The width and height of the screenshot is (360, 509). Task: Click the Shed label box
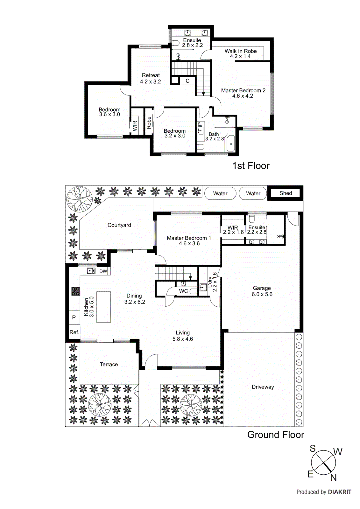click(x=286, y=193)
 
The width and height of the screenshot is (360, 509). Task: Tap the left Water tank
click(x=220, y=193)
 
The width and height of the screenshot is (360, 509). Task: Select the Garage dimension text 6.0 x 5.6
click(x=262, y=294)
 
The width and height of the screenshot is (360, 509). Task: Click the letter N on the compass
click(x=333, y=478)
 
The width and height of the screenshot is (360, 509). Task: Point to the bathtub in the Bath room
click(x=230, y=144)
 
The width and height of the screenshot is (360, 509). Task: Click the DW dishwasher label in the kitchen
click(x=103, y=271)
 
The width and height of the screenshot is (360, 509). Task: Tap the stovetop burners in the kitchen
click(x=75, y=291)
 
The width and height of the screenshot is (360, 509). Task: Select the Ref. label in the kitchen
click(x=74, y=332)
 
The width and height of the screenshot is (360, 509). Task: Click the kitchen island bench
click(x=103, y=307)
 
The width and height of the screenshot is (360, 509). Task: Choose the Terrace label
click(x=109, y=365)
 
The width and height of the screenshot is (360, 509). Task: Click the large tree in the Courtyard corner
click(x=79, y=199)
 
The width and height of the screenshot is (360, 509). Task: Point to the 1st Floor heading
click(x=251, y=166)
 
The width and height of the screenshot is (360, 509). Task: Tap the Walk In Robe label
click(x=240, y=51)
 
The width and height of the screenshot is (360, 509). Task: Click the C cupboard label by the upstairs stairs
click(x=187, y=81)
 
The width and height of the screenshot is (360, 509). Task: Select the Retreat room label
click(x=151, y=75)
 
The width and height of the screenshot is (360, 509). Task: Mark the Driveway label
click(x=263, y=387)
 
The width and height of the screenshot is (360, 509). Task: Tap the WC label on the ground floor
click(x=183, y=291)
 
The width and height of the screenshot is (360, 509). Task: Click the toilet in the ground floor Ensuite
click(x=252, y=219)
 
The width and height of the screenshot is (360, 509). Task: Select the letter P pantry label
click(x=74, y=317)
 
